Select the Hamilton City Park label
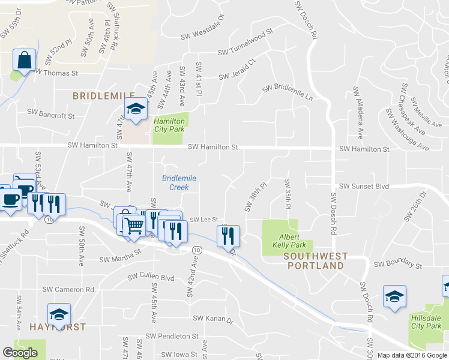tap(169, 125)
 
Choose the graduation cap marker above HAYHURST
tap(59, 314)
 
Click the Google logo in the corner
tap(20, 353)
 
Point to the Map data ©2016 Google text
tap(412, 355)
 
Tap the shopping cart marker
tap(135, 226)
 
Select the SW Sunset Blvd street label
tap(364, 187)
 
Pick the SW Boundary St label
tap(398, 264)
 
